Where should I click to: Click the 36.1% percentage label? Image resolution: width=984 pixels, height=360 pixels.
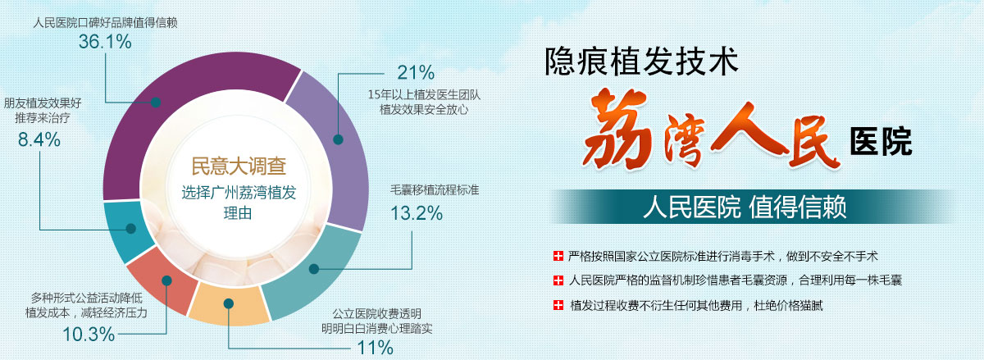105,42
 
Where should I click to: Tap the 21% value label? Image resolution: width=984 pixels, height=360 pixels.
416,72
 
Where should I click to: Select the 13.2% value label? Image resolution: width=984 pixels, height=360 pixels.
417,213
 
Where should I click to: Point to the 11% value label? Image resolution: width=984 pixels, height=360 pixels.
376,348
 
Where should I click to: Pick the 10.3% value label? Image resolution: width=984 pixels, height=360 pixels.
89,335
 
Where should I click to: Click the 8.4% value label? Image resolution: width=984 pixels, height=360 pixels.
39,139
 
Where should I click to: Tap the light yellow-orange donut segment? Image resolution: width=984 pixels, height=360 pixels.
229,304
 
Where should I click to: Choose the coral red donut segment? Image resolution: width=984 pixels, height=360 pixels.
165,280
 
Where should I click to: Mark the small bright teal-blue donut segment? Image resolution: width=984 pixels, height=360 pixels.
127,230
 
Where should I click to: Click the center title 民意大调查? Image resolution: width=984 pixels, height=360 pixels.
239,166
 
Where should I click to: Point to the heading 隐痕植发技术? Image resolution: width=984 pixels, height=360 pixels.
641,62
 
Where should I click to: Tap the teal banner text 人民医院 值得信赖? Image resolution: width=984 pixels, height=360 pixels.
745,207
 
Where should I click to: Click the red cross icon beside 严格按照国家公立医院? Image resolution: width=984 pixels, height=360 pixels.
558,256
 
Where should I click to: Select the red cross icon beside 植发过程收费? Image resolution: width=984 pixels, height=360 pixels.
558,305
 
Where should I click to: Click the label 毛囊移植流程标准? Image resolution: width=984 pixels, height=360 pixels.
435,190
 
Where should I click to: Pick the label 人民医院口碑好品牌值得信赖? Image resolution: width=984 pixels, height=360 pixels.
106,23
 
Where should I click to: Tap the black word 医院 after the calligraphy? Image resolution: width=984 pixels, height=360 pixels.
881,142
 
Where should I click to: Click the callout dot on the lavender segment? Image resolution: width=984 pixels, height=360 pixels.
338,139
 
